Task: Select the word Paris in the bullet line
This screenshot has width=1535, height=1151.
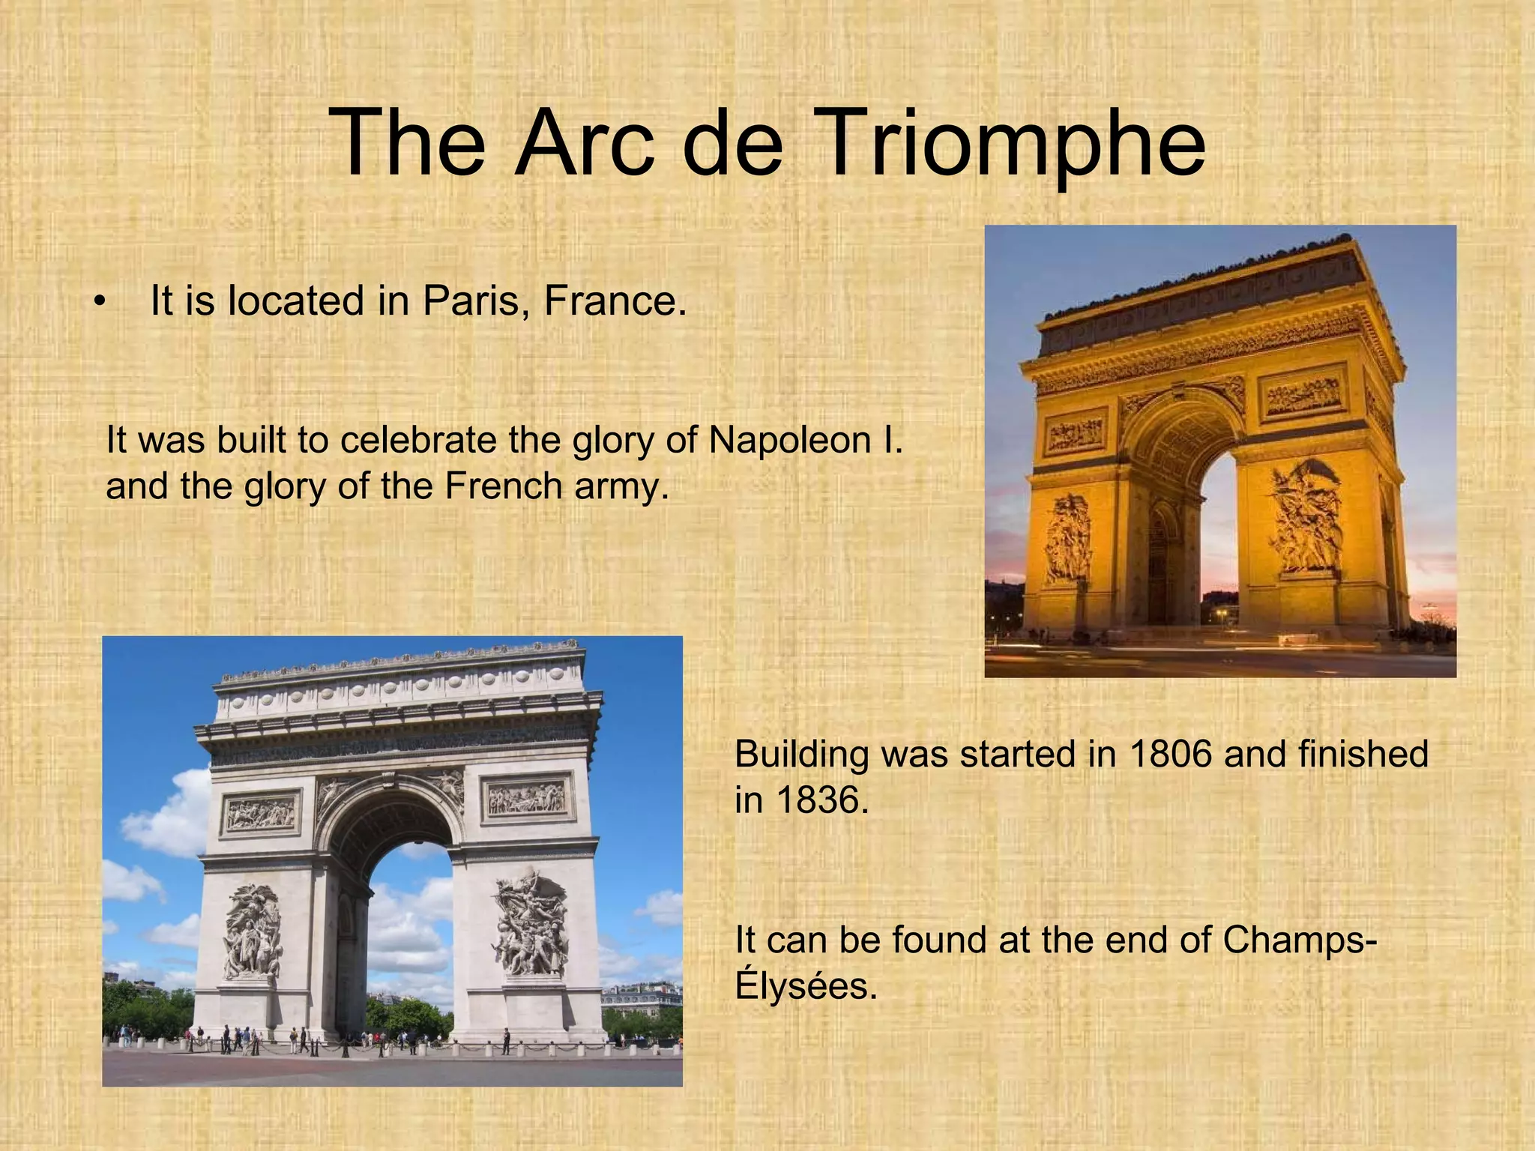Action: [477, 301]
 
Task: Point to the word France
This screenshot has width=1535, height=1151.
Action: [614, 301]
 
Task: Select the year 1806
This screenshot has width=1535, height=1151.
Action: [1169, 754]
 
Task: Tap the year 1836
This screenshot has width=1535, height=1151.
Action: [821, 800]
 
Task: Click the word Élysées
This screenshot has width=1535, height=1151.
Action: [805, 986]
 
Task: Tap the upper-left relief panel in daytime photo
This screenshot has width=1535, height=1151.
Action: [260, 814]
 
